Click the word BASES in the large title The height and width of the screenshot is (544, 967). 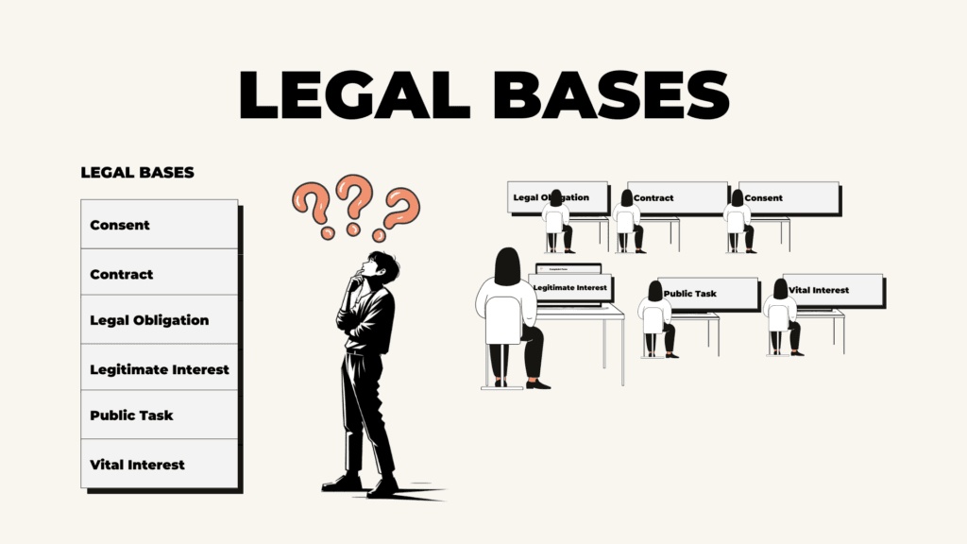[x=611, y=94]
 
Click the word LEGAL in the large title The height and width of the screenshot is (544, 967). [x=355, y=94]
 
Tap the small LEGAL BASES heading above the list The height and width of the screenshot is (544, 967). [x=138, y=173]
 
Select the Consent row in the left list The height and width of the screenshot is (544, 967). [x=159, y=225]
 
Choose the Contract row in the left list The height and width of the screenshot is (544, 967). [x=159, y=272]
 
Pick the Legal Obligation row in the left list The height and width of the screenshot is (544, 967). [x=159, y=319]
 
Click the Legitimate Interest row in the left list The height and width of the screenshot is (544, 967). [x=159, y=367]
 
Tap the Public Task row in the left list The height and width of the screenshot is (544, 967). [x=159, y=415]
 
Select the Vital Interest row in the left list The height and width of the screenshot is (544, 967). [x=159, y=464]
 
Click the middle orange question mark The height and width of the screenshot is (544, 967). [x=353, y=204]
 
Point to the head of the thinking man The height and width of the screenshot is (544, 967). [x=380, y=265]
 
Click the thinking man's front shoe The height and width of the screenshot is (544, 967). [x=382, y=489]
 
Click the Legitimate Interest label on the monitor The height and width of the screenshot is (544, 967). [x=569, y=288]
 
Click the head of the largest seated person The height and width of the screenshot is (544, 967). [x=507, y=266]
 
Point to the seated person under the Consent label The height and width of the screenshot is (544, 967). [x=738, y=222]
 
